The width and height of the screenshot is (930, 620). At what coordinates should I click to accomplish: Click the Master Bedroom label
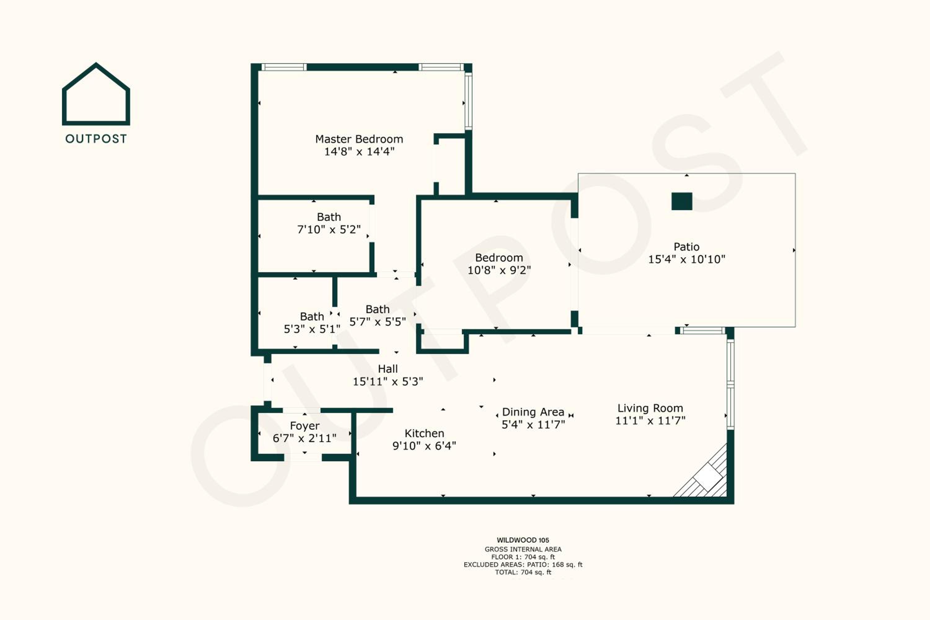[x=359, y=139]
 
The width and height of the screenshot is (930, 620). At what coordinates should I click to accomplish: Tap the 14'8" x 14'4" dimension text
[x=359, y=152]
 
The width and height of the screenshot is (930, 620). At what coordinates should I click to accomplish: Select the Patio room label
[x=686, y=247]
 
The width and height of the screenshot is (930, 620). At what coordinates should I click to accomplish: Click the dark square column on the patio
[x=682, y=201]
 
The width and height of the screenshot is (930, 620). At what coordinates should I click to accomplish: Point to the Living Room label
[x=650, y=408]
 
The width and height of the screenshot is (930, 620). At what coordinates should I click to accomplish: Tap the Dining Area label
[x=533, y=412]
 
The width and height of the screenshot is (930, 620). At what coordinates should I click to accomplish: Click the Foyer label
[x=304, y=426]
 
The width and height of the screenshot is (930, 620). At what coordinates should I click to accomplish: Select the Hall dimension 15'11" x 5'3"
[x=387, y=382]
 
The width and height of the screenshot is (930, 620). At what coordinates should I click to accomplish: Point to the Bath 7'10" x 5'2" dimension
[x=329, y=230]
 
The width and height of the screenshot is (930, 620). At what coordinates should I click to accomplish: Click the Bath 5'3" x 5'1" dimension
[x=312, y=329]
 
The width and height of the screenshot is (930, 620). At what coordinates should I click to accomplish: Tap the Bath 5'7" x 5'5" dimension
[x=377, y=322]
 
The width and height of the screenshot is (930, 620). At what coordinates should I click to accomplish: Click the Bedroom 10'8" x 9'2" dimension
[x=499, y=270]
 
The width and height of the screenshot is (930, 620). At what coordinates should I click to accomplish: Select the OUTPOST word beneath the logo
[x=96, y=139]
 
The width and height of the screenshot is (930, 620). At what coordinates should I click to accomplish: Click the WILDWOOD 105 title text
[x=523, y=540]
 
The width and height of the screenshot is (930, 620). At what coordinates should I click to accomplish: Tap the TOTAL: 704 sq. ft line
[x=523, y=572]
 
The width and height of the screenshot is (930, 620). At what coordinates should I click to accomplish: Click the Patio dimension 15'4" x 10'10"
[x=686, y=259]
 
